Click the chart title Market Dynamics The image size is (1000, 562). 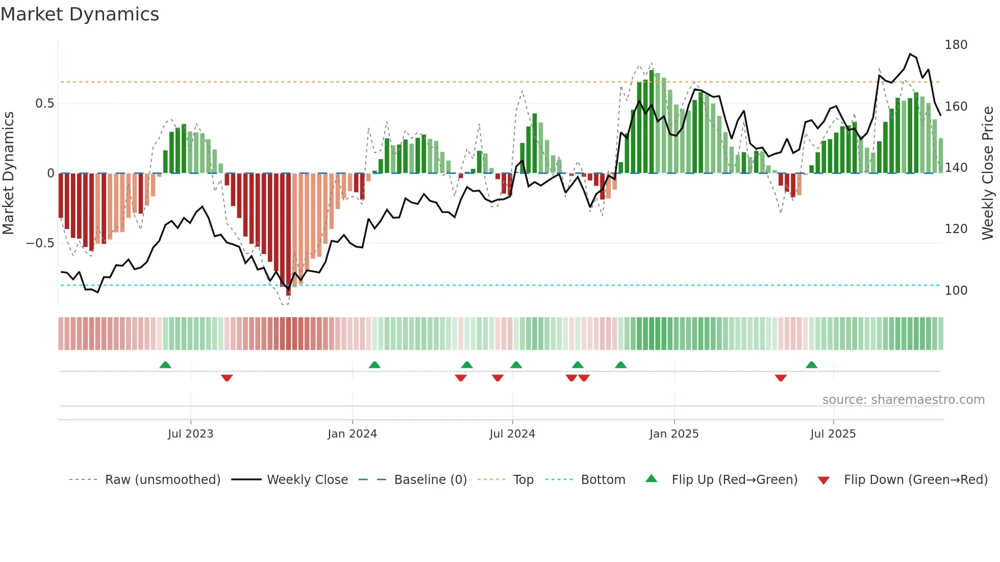[80, 14]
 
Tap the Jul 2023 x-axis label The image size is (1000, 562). [190, 434]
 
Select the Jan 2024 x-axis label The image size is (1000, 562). [352, 434]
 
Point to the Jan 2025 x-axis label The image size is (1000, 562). [673, 434]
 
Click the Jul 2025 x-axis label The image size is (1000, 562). [833, 434]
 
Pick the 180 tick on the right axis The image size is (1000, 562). [956, 45]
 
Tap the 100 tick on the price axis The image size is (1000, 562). [956, 291]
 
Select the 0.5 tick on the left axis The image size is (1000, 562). [44, 104]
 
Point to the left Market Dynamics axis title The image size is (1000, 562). [8, 173]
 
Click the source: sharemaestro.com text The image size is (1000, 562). [903, 400]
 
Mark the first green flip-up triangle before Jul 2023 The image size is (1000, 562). [165, 365]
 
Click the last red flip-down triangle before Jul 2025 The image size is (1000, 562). [780, 378]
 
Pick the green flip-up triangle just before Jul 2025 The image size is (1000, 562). [811, 365]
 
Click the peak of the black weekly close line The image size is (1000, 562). [910, 54]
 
